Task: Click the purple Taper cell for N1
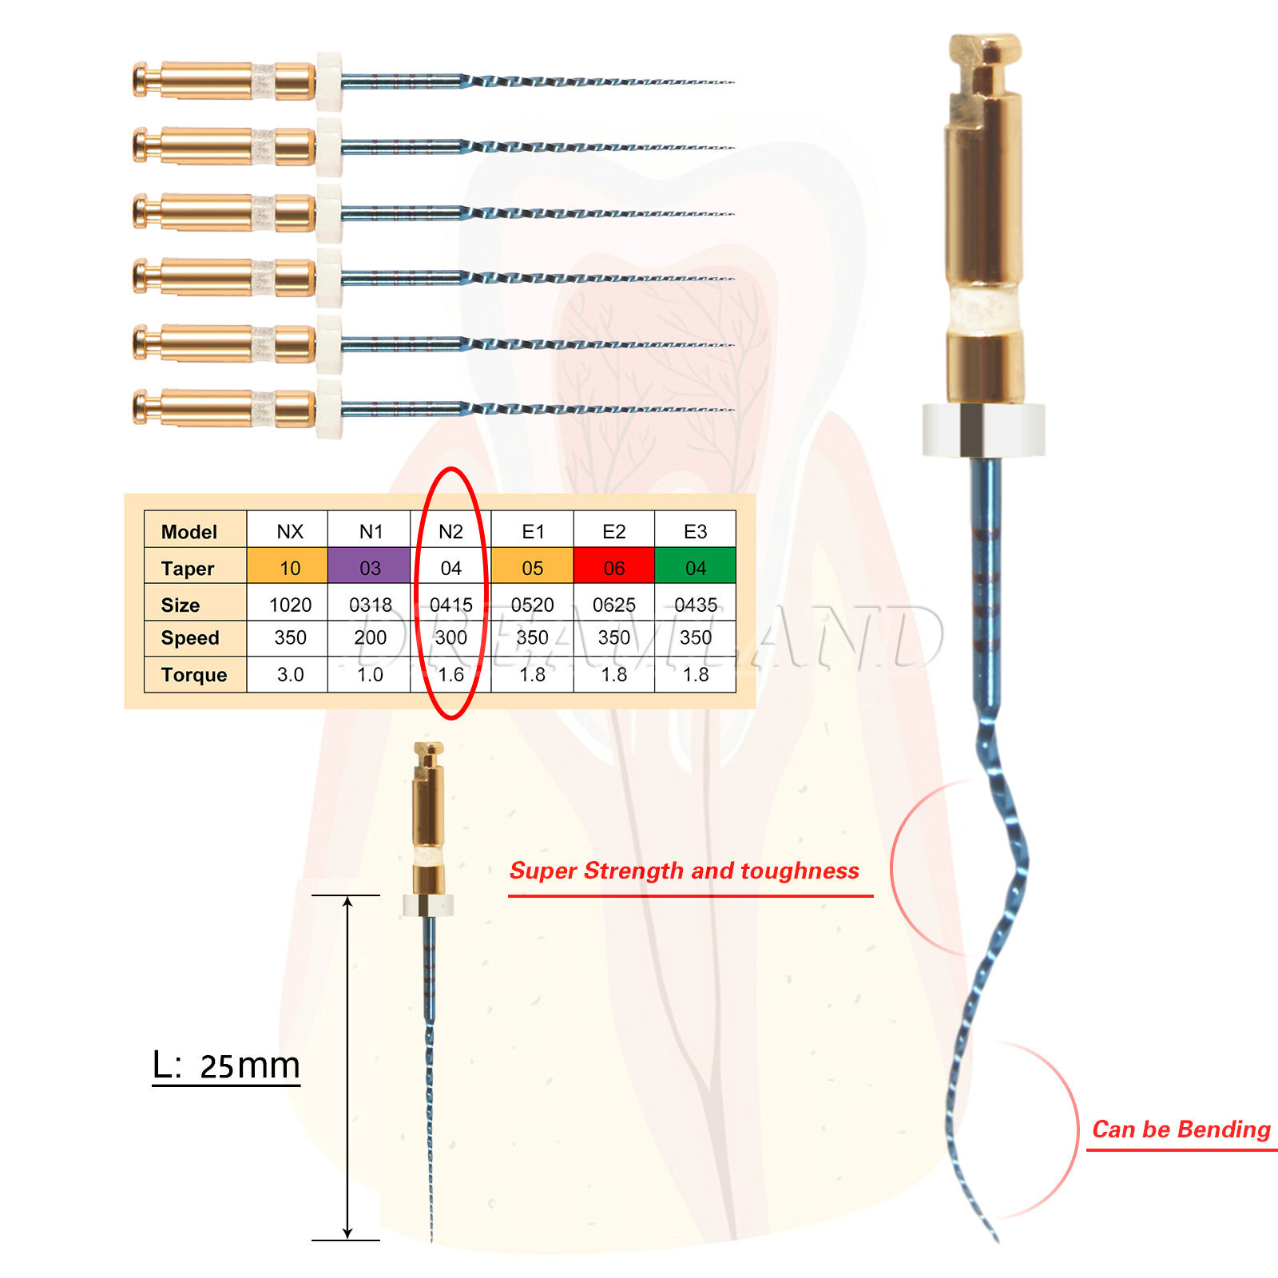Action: [x=369, y=567]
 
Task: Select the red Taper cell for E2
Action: [x=613, y=567]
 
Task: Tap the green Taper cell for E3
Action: [x=695, y=567]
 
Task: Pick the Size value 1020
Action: [x=290, y=605]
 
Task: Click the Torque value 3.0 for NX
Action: [x=290, y=675]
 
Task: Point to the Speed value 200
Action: [x=370, y=637]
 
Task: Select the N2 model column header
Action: [x=450, y=531]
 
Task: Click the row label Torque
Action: [x=194, y=675]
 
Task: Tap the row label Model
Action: [x=189, y=532]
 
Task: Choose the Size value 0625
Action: [x=613, y=605]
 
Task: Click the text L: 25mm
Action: [x=226, y=1066]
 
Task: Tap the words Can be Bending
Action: [x=1181, y=1129]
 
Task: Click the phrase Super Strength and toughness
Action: [x=685, y=871]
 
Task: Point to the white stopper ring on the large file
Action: [x=983, y=430]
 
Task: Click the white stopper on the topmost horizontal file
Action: [x=329, y=81]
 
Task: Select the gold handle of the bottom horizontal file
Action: [x=224, y=408]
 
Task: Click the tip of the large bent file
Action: [x=996, y=1239]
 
